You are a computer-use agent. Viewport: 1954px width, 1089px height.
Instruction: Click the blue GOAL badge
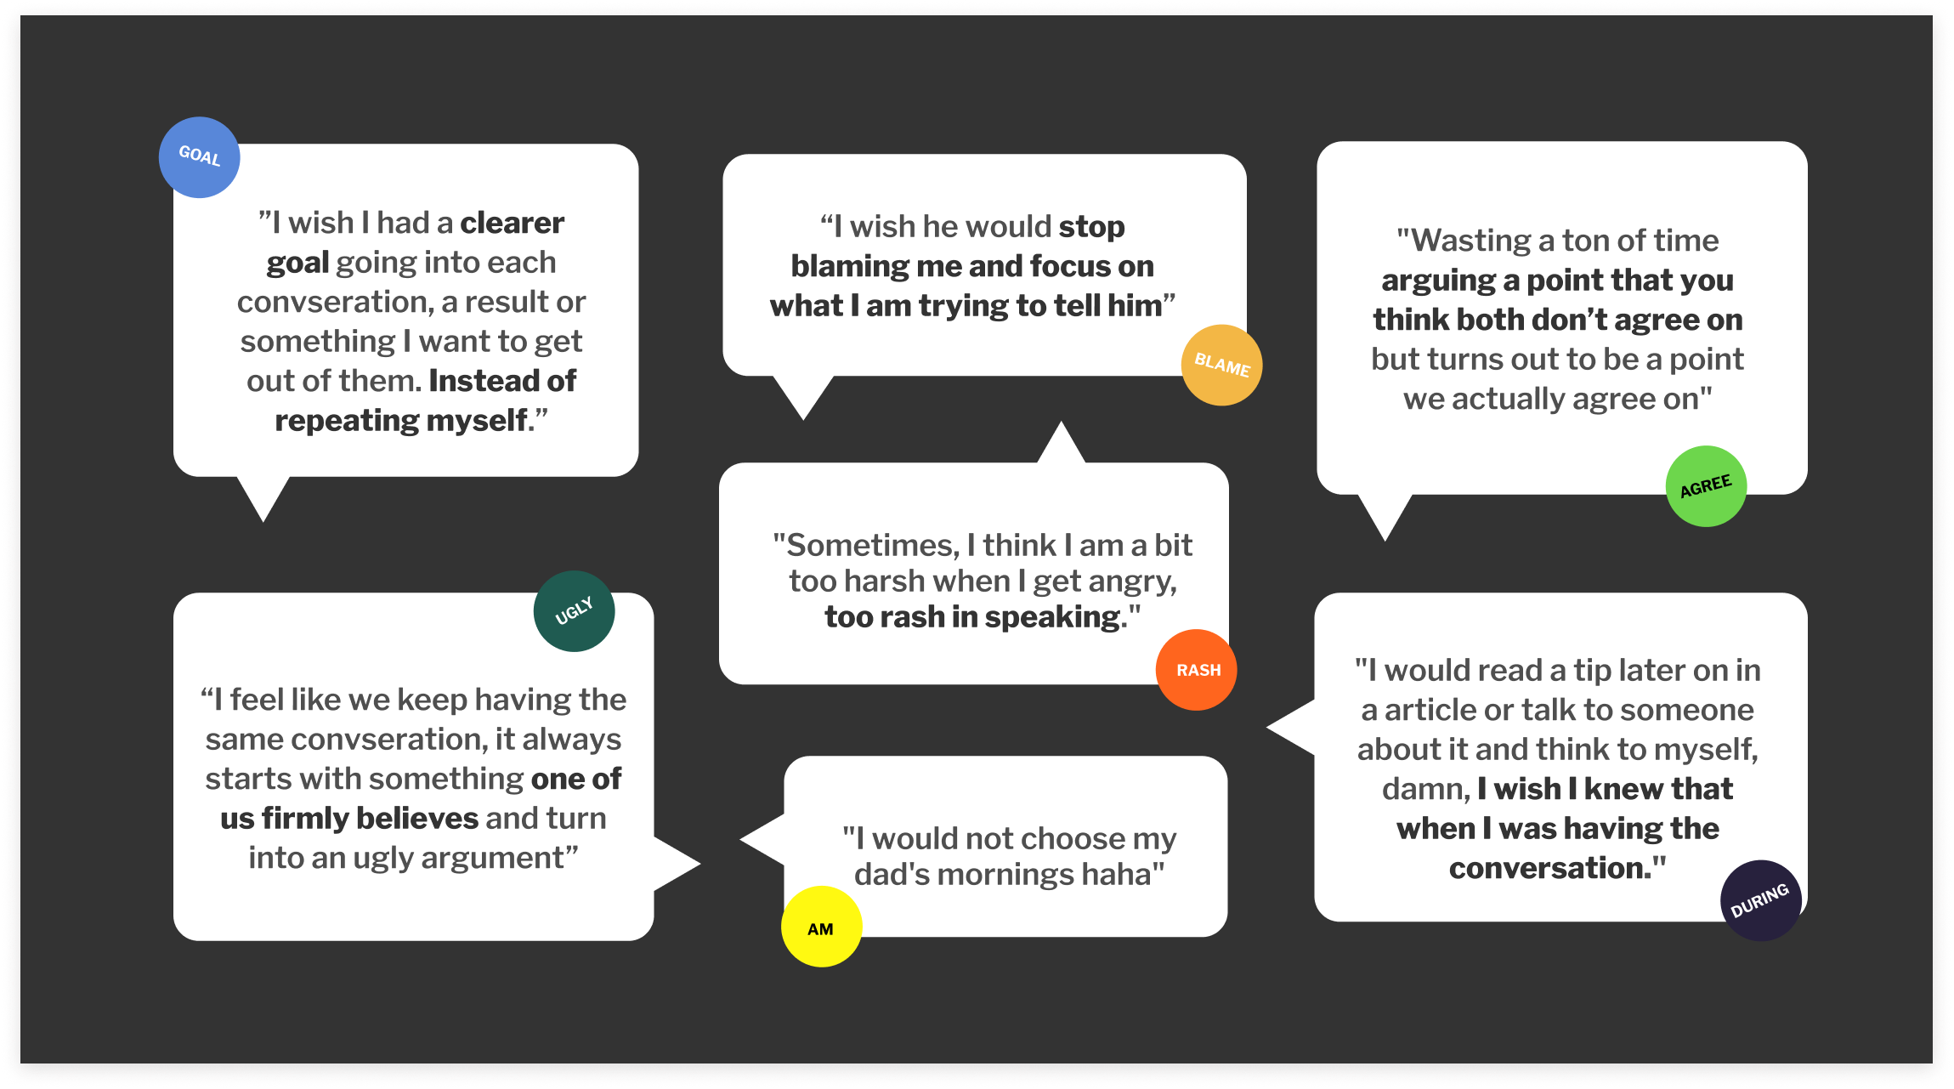pyautogui.click(x=199, y=157)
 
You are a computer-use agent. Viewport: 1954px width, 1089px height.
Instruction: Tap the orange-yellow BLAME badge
pyautogui.click(x=1221, y=365)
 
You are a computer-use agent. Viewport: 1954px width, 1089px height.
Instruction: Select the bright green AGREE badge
pyautogui.click(x=1706, y=486)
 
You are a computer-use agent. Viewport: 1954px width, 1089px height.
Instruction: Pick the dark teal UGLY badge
pyautogui.click(x=574, y=611)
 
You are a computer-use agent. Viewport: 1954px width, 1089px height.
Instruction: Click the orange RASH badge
pyautogui.click(x=1197, y=670)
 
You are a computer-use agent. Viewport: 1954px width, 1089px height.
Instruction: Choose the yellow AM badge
pyautogui.click(x=821, y=927)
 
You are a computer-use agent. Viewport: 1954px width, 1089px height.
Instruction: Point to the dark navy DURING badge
pyautogui.click(x=1760, y=900)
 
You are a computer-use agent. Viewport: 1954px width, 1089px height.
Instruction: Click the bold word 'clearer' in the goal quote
pyautogui.click(x=512, y=223)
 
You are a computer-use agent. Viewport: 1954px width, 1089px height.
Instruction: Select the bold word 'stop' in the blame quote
pyautogui.click(x=1091, y=227)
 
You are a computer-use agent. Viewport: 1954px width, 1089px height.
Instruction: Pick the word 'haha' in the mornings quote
pyautogui.click(x=1114, y=874)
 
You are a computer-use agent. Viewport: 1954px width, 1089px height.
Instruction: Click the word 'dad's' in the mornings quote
pyautogui.click(x=895, y=874)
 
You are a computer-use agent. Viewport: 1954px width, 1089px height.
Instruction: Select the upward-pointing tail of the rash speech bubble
pyautogui.click(x=1061, y=442)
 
